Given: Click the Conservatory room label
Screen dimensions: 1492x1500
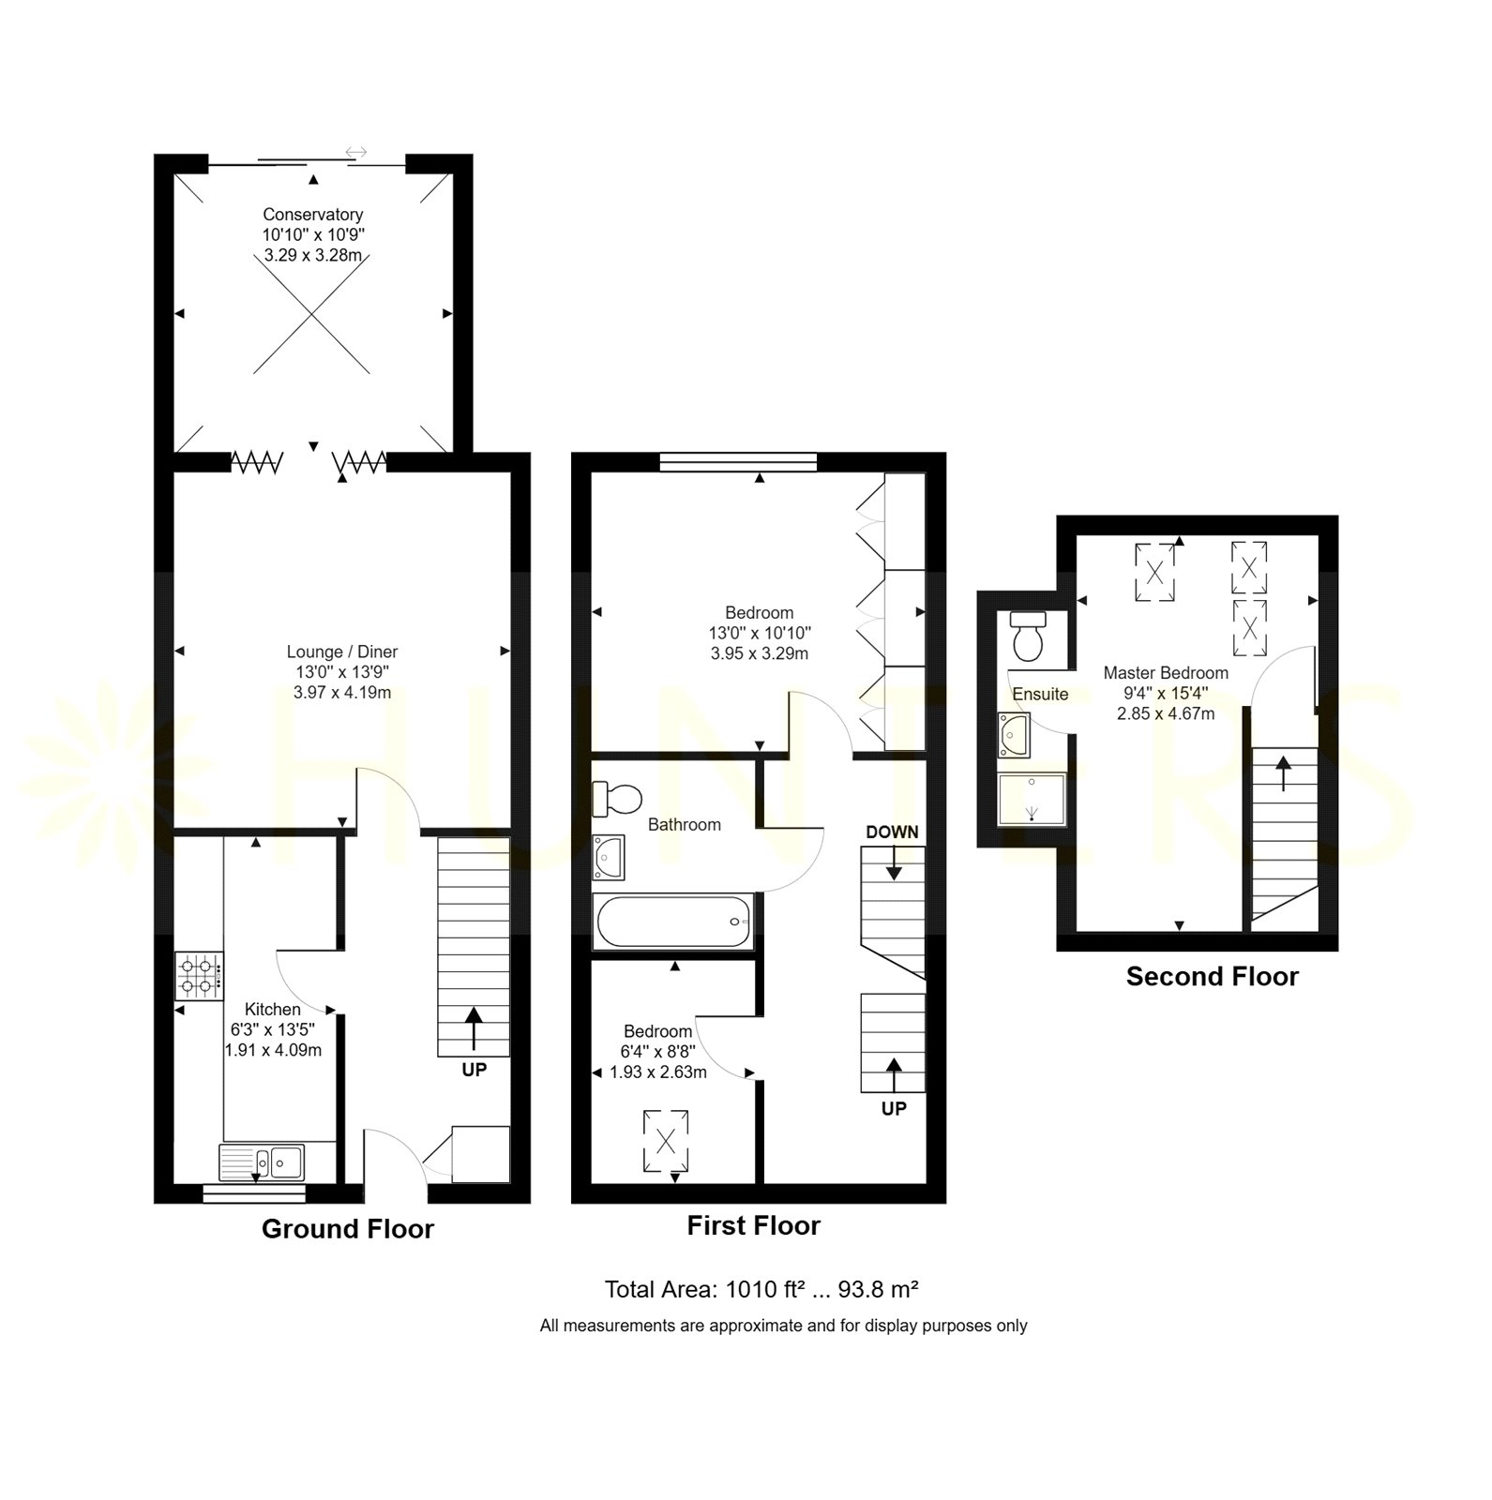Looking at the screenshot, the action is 312,215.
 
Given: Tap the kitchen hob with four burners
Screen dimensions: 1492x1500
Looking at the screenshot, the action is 200,977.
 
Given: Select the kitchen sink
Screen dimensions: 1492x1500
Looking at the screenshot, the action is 262,1162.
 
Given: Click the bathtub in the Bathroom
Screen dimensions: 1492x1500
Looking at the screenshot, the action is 673,922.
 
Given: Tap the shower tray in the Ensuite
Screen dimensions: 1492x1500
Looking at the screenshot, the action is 1032,799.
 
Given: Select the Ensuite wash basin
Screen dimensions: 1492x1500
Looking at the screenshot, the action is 1014,735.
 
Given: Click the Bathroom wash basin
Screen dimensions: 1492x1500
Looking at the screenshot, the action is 609,858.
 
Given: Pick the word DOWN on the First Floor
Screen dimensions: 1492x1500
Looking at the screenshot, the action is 892,832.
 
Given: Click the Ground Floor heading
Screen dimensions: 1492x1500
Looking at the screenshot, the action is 348,1229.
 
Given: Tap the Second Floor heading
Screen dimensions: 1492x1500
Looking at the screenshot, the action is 1213,977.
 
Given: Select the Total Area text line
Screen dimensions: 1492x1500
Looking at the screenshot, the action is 761,1290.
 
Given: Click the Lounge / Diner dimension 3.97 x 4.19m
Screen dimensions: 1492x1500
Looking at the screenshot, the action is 342,693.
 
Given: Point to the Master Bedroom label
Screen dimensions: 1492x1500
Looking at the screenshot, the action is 1166,673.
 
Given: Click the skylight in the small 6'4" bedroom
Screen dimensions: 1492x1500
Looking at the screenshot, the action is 666,1141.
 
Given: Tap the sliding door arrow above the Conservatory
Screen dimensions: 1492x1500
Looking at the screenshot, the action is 356,152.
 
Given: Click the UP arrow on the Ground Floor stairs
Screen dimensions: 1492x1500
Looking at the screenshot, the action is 474,1028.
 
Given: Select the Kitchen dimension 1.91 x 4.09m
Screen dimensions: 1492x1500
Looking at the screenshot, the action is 273,1050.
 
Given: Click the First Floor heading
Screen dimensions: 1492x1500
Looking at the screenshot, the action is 753,1226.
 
